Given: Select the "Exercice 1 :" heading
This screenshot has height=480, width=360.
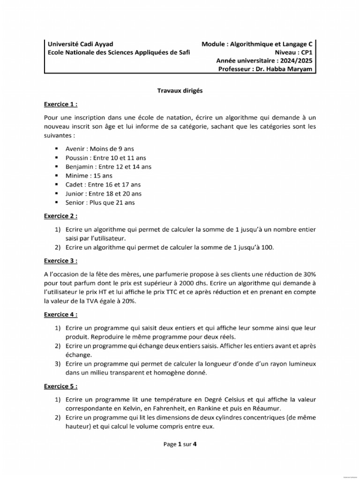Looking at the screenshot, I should [60, 104].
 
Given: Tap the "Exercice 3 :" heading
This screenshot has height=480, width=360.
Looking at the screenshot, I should [60, 260].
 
